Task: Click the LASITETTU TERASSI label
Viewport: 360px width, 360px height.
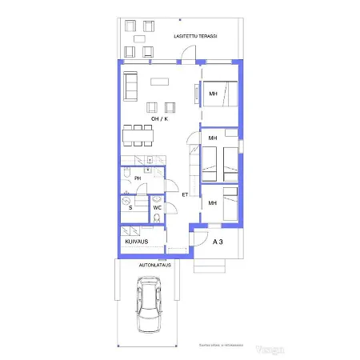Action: pos(196,37)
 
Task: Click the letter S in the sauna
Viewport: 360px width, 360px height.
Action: pos(130,207)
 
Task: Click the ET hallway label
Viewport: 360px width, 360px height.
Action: pos(185,194)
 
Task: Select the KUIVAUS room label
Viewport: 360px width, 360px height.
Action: pos(136,240)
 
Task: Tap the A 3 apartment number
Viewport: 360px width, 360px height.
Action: pos(217,241)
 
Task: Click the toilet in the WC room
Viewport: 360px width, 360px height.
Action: pos(157,218)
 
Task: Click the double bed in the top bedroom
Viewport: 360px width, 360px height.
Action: pos(219,94)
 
